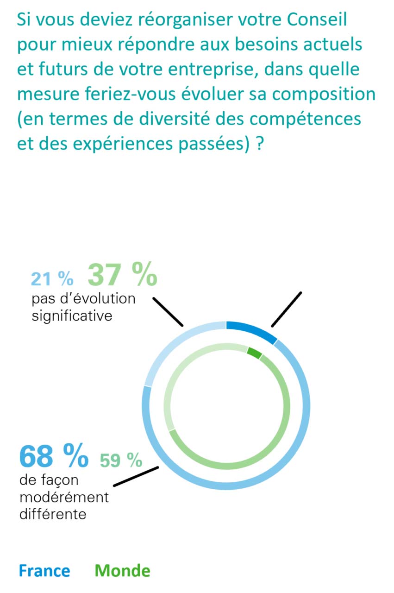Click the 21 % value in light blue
point(52,278)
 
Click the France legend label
point(44,571)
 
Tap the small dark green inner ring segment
point(254,353)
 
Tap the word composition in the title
point(324,95)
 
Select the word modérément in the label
point(64,497)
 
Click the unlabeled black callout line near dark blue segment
point(286,309)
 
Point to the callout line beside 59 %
point(136,476)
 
